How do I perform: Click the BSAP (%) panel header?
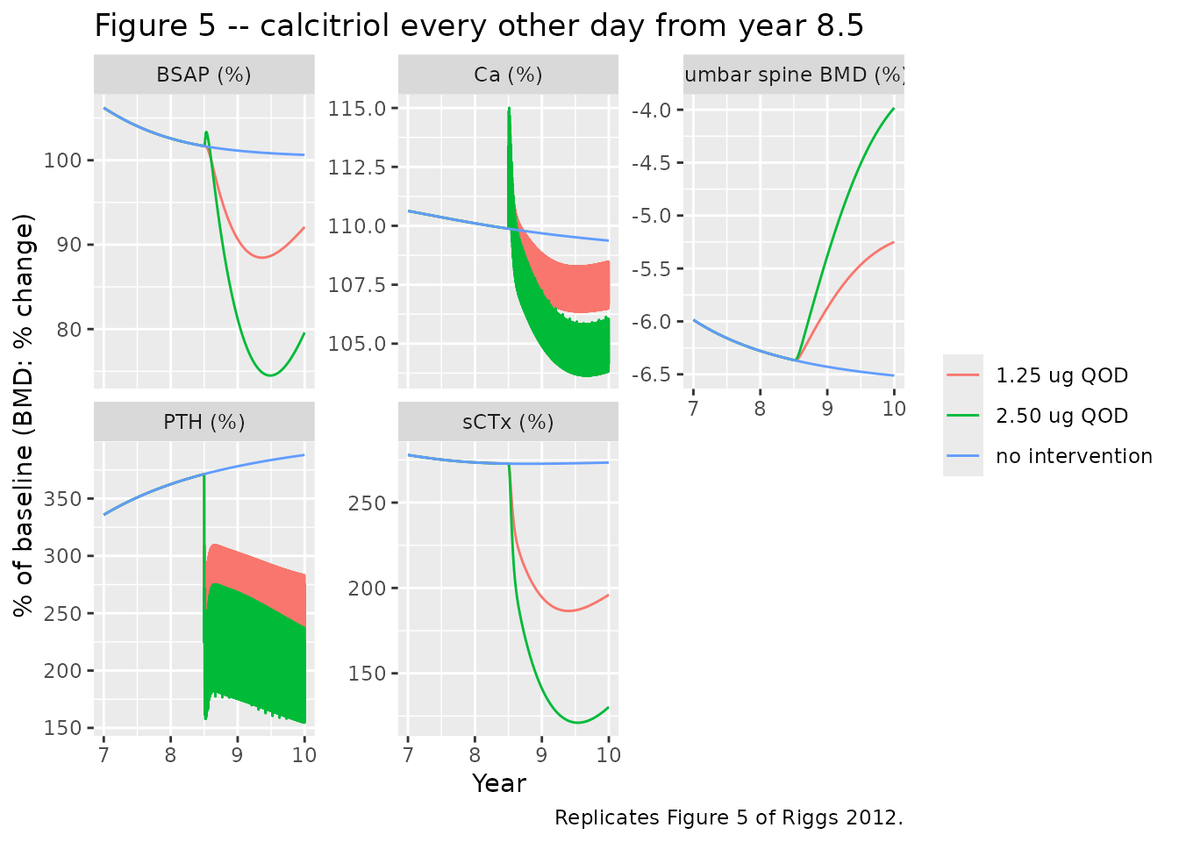click(204, 75)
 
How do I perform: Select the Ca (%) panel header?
click(508, 75)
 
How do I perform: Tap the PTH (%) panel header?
click(204, 422)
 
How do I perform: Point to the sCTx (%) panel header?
click(508, 422)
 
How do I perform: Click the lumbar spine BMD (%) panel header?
click(794, 75)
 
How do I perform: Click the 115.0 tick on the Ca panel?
click(357, 109)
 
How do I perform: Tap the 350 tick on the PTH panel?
click(62, 499)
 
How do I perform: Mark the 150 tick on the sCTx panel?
click(367, 674)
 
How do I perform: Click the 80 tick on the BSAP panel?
click(69, 330)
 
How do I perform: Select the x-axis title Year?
click(499, 783)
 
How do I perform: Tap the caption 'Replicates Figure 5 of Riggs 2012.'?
click(729, 817)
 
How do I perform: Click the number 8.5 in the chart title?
click(840, 25)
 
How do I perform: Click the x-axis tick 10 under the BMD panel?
click(894, 409)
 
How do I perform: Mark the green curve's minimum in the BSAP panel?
click(270, 375)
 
